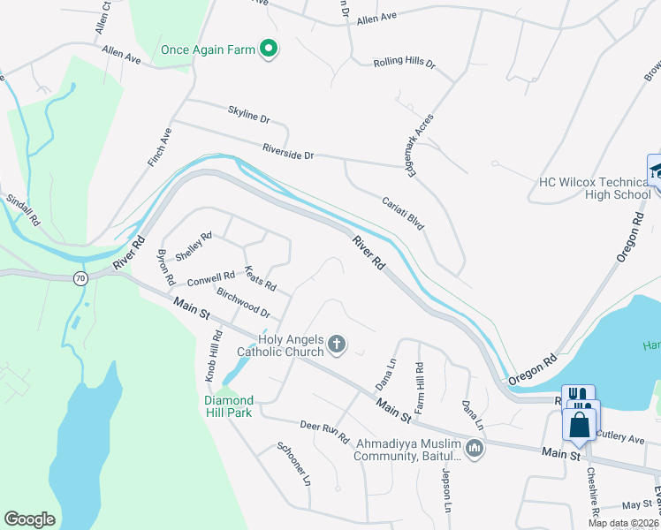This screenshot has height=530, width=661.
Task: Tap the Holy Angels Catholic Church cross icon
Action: click(336, 344)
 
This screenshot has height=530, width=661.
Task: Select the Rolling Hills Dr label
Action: click(405, 64)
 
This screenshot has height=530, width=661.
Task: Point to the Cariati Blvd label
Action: click(403, 214)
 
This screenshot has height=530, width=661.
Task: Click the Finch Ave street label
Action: click(160, 148)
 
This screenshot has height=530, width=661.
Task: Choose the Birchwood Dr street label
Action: click(242, 304)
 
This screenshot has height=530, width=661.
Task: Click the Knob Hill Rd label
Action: click(213, 356)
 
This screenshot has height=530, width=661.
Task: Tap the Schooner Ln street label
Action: click(294, 464)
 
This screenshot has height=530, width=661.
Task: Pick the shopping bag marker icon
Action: click(579, 424)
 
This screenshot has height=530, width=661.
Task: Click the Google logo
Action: click(29, 519)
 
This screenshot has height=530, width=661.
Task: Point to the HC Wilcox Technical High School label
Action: click(595, 188)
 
